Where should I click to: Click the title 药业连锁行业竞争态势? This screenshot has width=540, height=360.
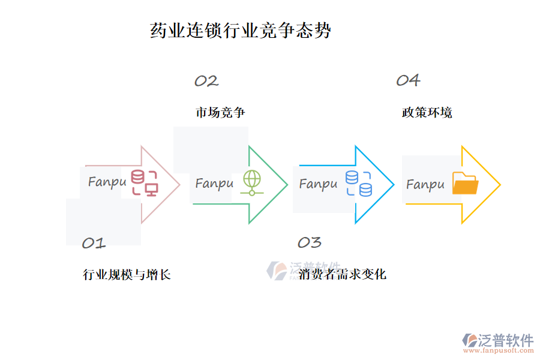241,31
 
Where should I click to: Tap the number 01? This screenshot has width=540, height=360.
94,243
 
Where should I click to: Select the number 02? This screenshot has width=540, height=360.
206,81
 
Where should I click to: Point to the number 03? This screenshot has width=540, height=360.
310,242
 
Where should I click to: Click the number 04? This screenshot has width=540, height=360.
408,80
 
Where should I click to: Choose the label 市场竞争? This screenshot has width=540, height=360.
220,112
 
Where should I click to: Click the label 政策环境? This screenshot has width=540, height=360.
427,112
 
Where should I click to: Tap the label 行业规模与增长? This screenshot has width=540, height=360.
127,275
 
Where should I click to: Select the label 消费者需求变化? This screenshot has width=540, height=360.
343,274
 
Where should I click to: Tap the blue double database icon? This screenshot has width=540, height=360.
359,184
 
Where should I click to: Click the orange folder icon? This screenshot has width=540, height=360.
465,184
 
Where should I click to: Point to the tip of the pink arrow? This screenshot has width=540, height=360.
179,185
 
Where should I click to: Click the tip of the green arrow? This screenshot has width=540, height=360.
287,185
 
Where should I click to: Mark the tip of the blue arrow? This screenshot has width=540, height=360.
394,185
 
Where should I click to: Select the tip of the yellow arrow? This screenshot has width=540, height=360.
500,185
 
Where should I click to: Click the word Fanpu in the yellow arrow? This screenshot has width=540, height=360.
425,184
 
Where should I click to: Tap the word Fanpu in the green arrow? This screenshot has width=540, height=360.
214,184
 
